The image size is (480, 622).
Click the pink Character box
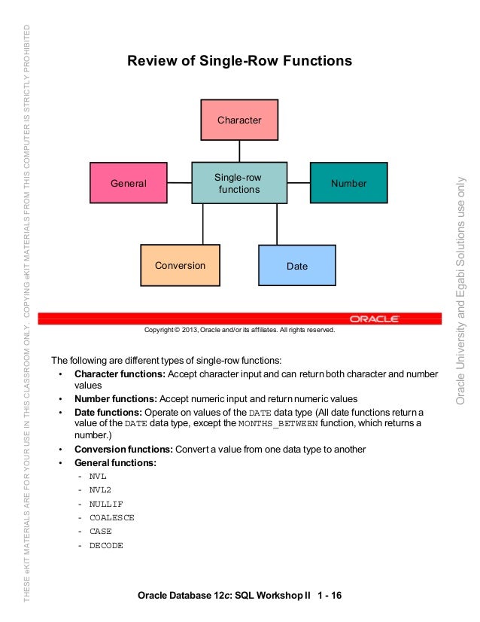pyautogui.click(x=239, y=120)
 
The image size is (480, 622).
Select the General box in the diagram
pyautogui.click(x=129, y=183)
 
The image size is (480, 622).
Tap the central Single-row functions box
pyautogui.click(x=239, y=183)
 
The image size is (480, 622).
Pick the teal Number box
pyautogui.click(x=349, y=183)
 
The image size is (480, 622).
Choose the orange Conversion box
pyautogui.click(x=180, y=265)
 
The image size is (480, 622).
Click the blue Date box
pyautogui.click(x=297, y=266)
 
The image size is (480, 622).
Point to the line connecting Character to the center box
pyautogui.click(x=239, y=151)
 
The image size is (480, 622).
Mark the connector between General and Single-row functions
pyautogui.click(x=179, y=182)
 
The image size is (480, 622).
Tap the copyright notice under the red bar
pyautogui.click(x=239, y=330)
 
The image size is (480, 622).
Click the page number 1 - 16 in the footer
pyautogui.click(x=330, y=596)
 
